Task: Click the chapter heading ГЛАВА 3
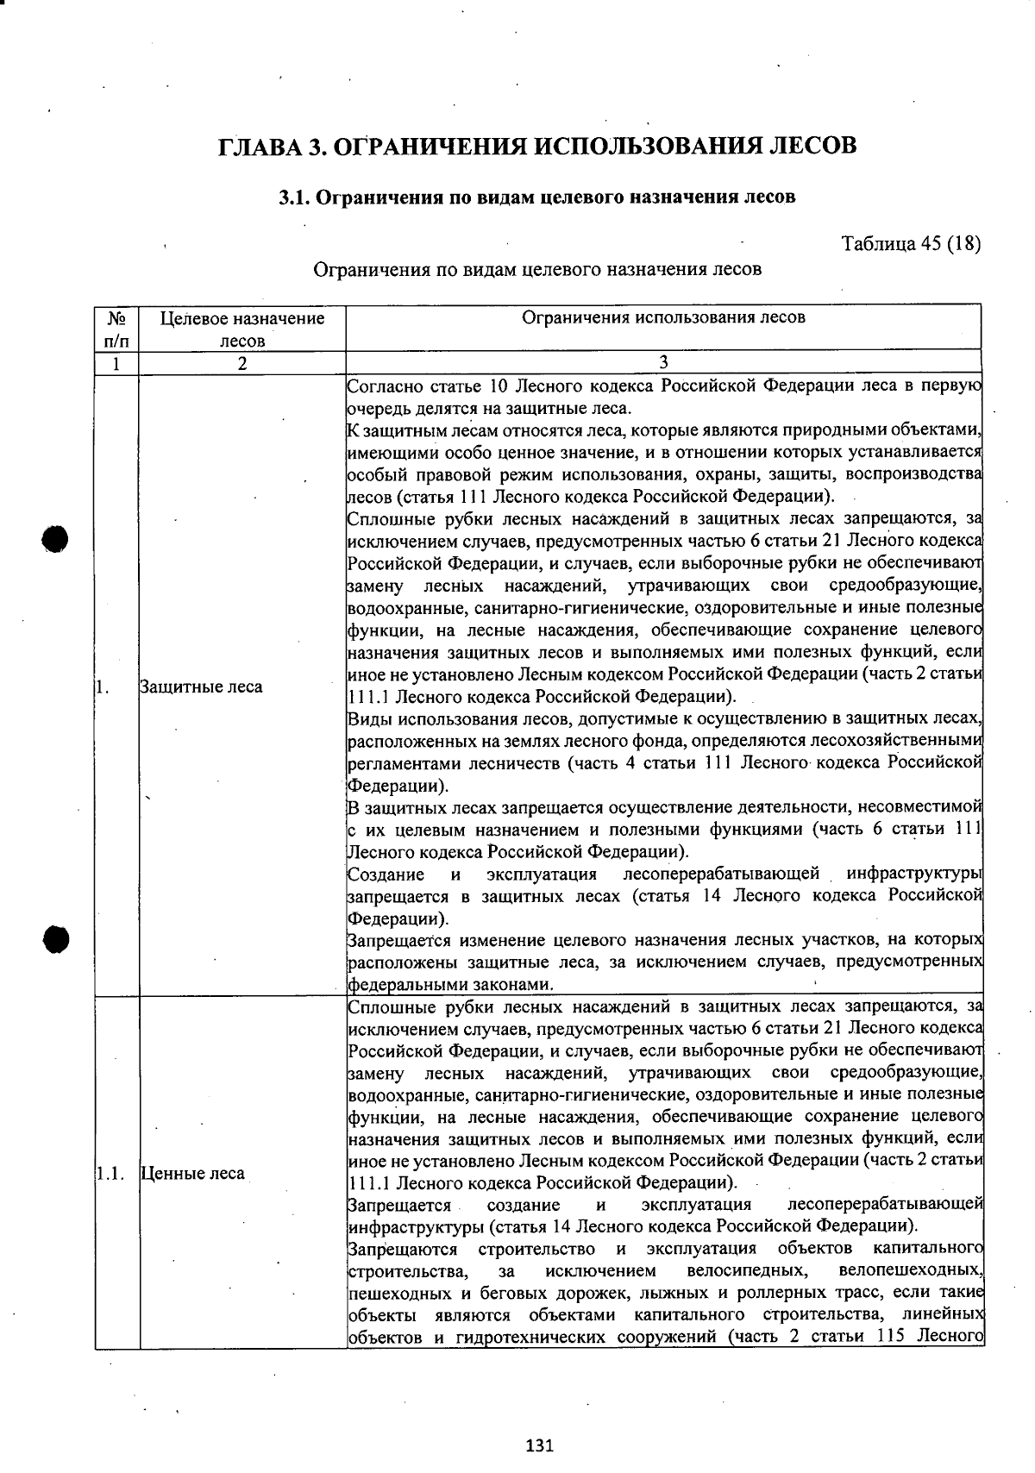tap(538, 145)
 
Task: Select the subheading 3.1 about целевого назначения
tap(536, 197)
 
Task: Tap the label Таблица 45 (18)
tap(910, 243)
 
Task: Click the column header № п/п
tap(116, 329)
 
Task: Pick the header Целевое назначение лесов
tap(242, 329)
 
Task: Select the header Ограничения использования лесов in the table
tap(663, 317)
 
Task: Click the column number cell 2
tap(242, 364)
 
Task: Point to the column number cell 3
tap(663, 363)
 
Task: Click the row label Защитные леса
tap(201, 688)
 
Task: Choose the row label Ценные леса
tap(192, 1174)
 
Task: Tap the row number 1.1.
tap(110, 1174)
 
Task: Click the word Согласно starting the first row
tap(384, 385)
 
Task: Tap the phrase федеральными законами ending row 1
tap(450, 984)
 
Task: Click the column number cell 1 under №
tap(116, 364)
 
